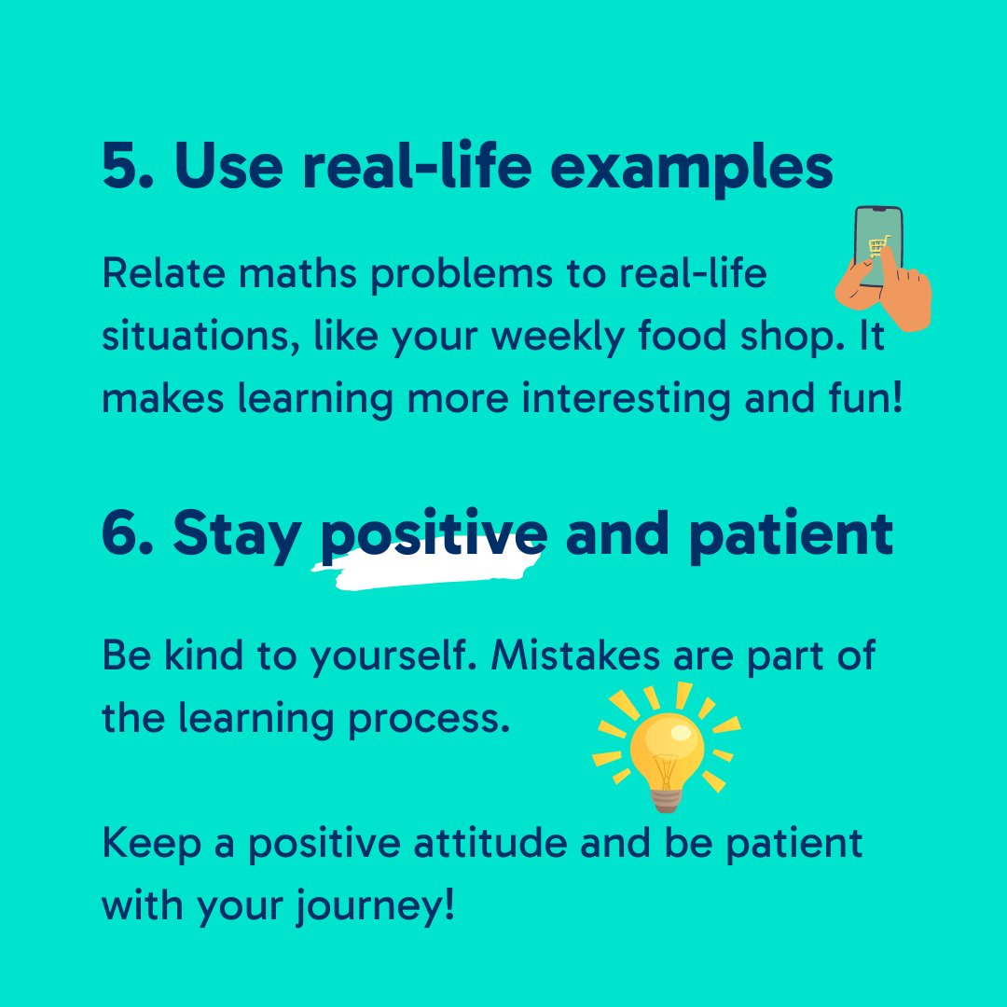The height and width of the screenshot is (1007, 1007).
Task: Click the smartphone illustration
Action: point(878,247)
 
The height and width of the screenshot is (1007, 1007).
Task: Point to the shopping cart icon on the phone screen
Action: point(877,247)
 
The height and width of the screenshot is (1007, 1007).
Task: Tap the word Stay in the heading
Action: point(237,536)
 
